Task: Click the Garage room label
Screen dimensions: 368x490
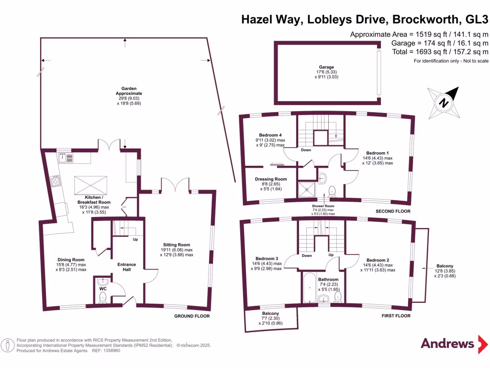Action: (x=326, y=67)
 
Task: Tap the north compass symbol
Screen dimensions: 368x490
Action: (x=444, y=102)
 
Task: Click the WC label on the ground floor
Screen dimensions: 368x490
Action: (x=102, y=289)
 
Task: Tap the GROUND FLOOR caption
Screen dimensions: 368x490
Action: (x=191, y=316)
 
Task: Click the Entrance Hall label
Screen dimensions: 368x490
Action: (x=127, y=267)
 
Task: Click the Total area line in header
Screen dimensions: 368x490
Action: (x=439, y=52)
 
